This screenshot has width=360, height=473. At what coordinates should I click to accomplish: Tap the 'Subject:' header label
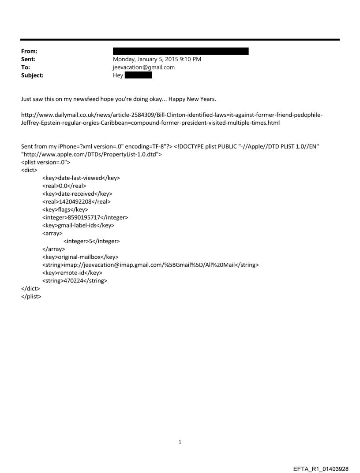coord(32,75)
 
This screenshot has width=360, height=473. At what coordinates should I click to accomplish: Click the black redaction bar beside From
coord(181,51)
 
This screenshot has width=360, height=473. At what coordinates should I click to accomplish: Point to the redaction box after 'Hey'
coord(138,75)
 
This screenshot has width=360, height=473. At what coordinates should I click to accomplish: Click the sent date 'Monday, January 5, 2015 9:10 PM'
coord(157,59)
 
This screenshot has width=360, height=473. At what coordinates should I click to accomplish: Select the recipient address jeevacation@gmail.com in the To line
coord(144,67)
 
